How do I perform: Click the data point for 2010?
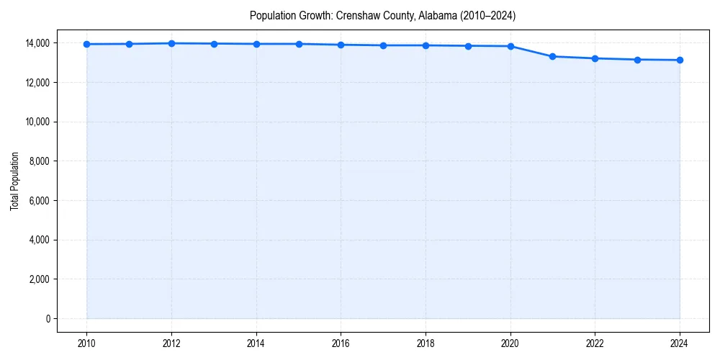pos(86,44)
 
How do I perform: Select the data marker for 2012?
pos(171,43)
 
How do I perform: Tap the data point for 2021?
pos(552,56)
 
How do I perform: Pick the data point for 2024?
pos(680,60)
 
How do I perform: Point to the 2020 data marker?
pos(510,46)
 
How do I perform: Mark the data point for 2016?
pos(341,45)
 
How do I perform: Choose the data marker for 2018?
pos(426,45)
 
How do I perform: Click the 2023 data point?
pos(637,60)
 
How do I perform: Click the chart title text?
pos(382,15)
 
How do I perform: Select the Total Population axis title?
pos(14,181)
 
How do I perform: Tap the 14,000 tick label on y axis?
pos(36,43)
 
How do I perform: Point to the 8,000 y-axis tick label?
pos(38,161)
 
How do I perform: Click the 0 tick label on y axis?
pos(48,318)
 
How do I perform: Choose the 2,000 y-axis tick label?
pos(38,279)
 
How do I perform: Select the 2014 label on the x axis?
pos(256,343)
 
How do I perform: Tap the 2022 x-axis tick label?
pos(595,343)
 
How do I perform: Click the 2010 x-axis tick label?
pos(86,343)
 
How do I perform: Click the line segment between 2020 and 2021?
pos(531,51)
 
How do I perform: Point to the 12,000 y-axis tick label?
pos(36,83)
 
